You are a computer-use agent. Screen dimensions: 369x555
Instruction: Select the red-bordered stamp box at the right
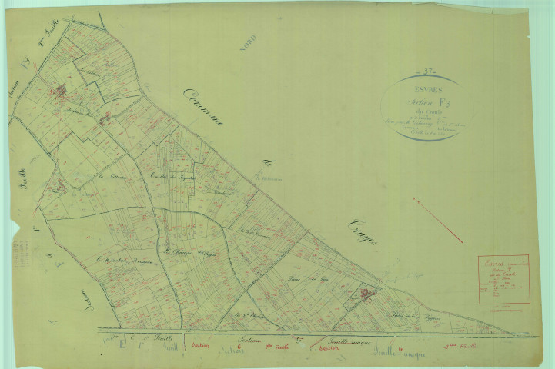pos(503,279)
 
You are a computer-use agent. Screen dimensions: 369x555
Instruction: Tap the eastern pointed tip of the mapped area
pos(510,333)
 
